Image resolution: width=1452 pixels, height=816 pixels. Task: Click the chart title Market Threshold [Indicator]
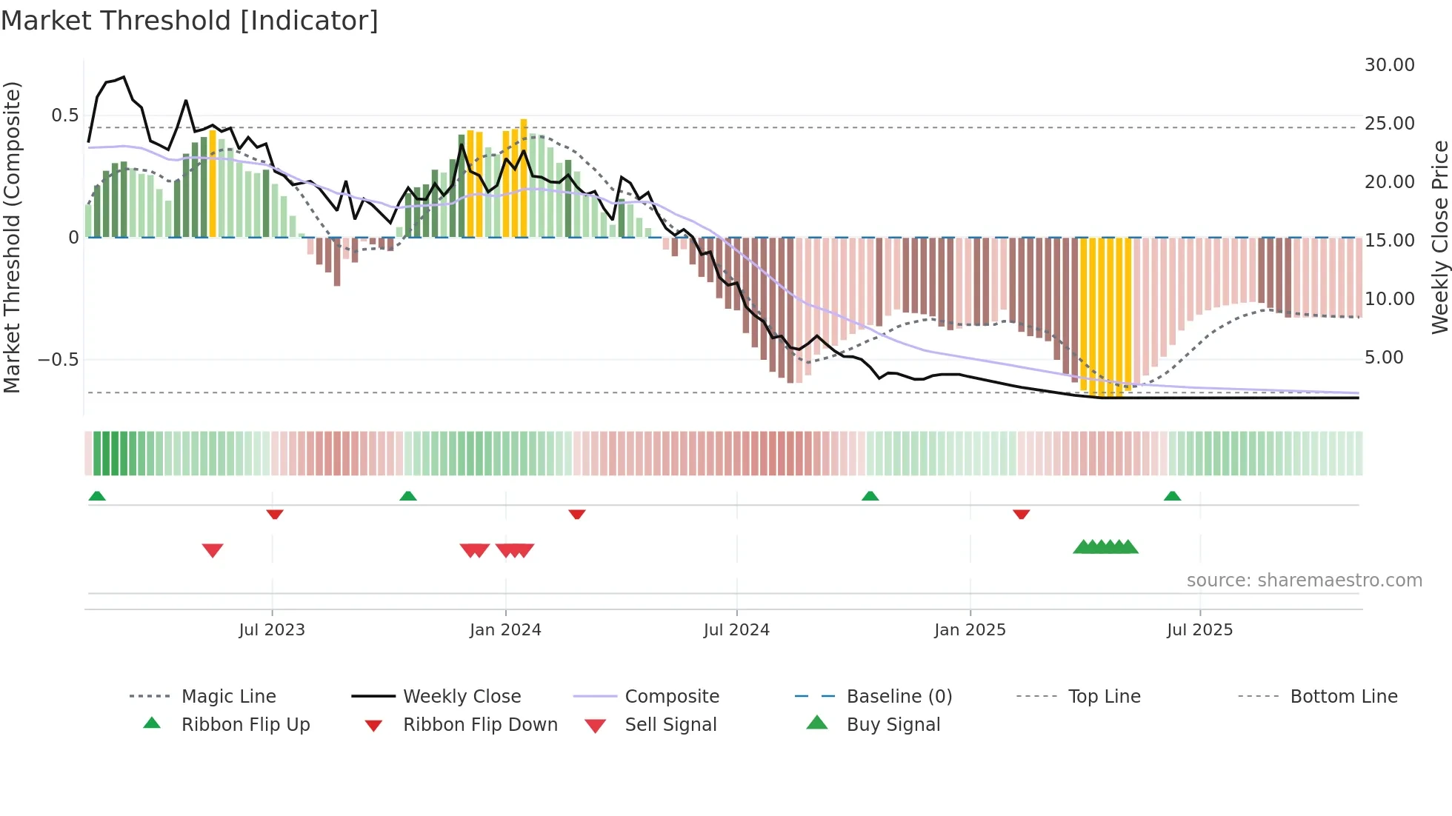[190, 21]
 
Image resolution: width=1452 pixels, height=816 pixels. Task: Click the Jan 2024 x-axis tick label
[505, 629]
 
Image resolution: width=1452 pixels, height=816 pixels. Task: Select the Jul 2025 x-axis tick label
[1199, 629]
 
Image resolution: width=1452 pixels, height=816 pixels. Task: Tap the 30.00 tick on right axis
[1389, 65]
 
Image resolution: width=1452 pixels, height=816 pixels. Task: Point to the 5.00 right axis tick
[1384, 358]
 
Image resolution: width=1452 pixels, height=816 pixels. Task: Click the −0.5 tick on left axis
[58, 360]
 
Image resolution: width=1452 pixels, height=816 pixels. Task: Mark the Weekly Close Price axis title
[1439, 237]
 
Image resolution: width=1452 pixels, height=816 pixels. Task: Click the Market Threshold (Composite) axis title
[12, 237]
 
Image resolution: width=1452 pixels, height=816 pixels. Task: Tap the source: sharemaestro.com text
[1304, 580]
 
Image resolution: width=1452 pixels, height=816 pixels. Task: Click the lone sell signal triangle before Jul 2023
[213, 550]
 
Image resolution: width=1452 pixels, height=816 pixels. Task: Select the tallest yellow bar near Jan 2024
[524, 178]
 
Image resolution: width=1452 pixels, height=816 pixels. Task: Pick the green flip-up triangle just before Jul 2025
[1172, 496]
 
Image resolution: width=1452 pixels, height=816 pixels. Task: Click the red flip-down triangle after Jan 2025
[1021, 514]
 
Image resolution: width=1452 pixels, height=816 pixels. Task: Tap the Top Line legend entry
[1104, 696]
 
